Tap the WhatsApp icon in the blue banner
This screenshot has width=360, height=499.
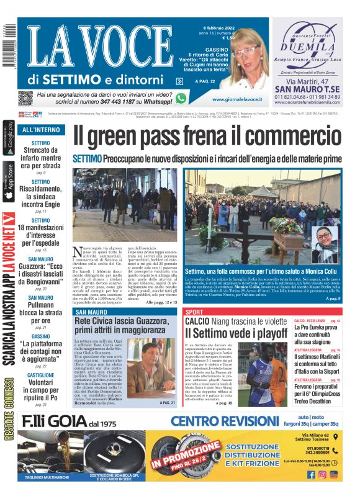coord(181,97)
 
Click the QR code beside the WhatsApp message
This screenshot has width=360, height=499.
coord(25,97)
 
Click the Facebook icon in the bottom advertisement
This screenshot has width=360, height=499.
coord(310,475)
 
